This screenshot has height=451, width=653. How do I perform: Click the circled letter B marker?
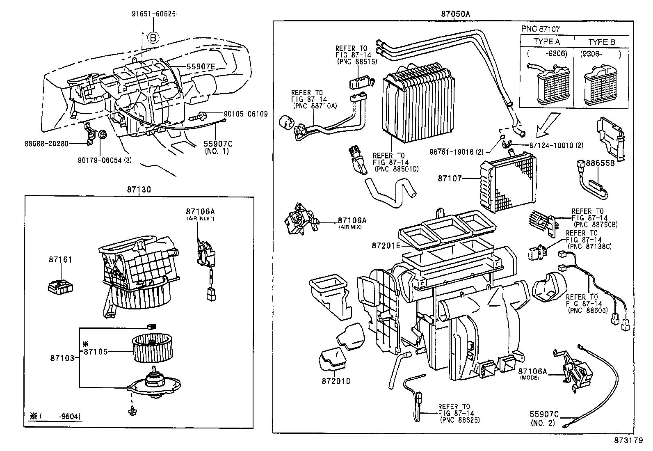153,38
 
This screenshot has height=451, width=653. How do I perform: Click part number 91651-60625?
154,14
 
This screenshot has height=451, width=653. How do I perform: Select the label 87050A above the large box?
455,14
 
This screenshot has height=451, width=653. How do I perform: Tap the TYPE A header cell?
546,42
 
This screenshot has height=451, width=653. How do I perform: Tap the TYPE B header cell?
601,42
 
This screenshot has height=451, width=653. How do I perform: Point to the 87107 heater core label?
450,179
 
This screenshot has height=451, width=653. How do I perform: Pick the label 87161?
60,260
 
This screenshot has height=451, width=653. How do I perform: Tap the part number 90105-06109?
245,114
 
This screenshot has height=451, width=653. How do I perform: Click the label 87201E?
386,245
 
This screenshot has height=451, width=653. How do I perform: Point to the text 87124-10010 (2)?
556,145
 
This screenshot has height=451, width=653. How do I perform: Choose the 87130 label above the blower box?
139,190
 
